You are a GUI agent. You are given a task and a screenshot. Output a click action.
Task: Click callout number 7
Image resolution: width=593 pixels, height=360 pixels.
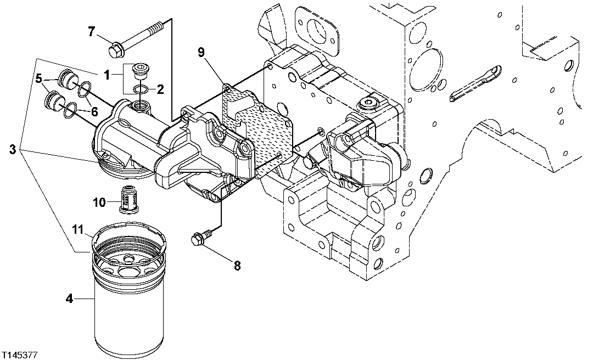92,32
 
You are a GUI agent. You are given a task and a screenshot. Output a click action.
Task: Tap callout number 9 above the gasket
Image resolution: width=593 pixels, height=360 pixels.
202,52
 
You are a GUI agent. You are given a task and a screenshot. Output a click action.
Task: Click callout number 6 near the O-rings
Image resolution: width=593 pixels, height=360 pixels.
94,111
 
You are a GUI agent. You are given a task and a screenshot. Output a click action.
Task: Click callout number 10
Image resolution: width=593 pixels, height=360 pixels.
99,203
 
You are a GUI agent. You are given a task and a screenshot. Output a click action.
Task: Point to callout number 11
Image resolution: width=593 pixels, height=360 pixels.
78,228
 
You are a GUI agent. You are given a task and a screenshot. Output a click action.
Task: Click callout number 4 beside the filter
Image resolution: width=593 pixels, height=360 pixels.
69,299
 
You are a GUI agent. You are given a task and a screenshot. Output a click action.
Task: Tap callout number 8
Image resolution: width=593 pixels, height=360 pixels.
237,266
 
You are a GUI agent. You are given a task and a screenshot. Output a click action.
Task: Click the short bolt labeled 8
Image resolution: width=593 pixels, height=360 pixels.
200,240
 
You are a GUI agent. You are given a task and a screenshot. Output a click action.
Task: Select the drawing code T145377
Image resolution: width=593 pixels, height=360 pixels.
19,355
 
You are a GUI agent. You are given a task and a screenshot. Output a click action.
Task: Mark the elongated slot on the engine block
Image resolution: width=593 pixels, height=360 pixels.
475,84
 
